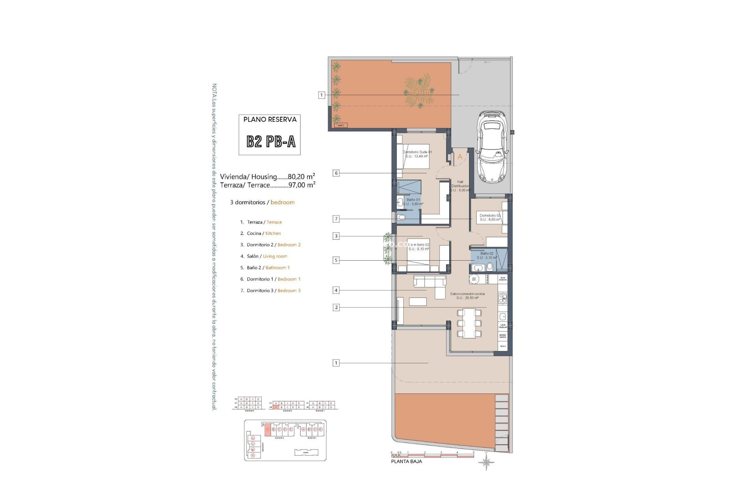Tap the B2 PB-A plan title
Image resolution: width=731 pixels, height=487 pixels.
(x=271, y=142)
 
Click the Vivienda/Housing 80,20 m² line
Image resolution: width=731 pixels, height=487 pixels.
(x=267, y=177)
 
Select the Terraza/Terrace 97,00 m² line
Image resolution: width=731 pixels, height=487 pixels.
(x=267, y=185)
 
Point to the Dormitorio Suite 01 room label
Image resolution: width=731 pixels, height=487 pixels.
(x=417, y=154)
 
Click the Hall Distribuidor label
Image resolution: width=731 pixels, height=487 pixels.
(x=460, y=186)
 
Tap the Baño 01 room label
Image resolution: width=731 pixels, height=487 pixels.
(x=413, y=202)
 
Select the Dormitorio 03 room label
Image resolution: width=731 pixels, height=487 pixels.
(x=490, y=217)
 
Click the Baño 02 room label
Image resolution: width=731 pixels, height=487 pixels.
(x=487, y=255)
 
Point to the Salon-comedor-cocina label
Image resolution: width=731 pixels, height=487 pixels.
(x=467, y=296)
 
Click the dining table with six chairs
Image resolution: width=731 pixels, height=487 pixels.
(x=469, y=324)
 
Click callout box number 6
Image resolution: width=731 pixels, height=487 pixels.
(x=336, y=173)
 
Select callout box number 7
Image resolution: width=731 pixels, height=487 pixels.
(x=336, y=219)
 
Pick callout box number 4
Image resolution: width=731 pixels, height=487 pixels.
(x=336, y=290)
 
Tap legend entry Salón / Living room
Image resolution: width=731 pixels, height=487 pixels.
(x=267, y=256)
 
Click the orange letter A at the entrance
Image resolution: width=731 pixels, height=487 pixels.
(x=460, y=157)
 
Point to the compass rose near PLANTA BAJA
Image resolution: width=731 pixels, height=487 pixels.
(x=487, y=463)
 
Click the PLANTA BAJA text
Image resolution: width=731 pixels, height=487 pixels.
(x=406, y=462)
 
